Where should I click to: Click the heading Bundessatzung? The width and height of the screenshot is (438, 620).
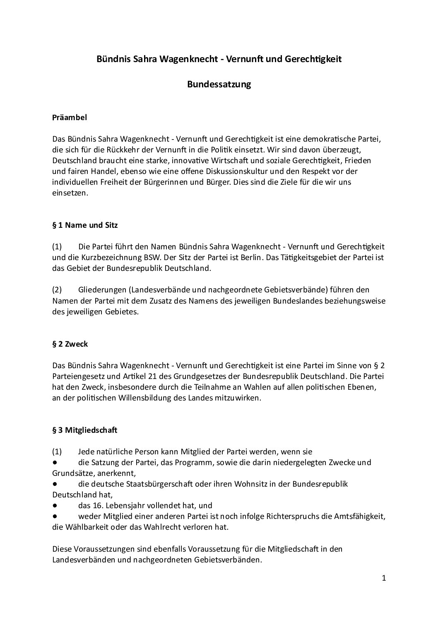click(219, 84)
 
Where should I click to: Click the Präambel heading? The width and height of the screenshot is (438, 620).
click(70, 118)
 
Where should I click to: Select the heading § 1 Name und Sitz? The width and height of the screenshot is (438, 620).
click(85, 225)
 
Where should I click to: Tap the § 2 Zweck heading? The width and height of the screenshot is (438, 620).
click(70, 344)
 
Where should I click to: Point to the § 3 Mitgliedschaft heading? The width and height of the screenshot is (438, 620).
click(85, 430)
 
